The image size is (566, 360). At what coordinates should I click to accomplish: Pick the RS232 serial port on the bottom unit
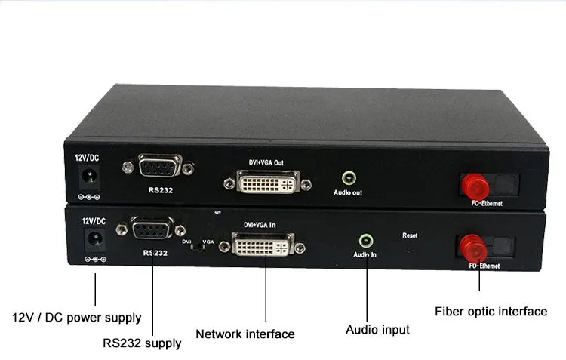(152, 229)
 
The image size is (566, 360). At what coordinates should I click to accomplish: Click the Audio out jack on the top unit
(348, 179)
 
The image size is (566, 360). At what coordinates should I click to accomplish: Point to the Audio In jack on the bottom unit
(365, 242)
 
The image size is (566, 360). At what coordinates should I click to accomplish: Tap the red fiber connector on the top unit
(474, 186)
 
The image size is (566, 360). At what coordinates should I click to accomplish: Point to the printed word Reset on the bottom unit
(410, 235)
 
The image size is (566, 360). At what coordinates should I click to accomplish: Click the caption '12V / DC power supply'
(76, 318)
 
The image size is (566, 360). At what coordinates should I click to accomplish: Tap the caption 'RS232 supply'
(142, 343)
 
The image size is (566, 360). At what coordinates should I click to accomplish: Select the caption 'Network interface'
(245, 334)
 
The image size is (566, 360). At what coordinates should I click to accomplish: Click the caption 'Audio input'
(377, 330)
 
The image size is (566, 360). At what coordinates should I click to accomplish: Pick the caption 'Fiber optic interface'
(491, 311)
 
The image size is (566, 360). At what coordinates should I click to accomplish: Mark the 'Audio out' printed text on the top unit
(348, 193)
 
